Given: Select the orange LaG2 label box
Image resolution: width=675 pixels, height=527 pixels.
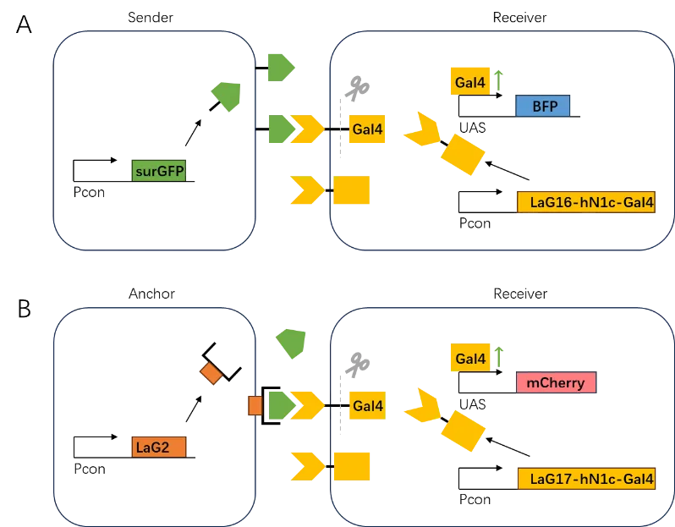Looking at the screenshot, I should click(159, 446).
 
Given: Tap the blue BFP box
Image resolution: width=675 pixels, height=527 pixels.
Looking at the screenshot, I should click(542, 106).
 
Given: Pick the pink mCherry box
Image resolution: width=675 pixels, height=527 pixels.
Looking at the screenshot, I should click(556, 382).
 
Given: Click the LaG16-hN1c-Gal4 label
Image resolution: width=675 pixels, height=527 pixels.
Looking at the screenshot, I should click(585, 202).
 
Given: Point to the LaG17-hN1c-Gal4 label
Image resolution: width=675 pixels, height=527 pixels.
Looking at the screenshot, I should click(585, 479).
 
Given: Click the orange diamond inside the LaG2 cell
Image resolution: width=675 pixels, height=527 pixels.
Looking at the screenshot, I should click(210, 372).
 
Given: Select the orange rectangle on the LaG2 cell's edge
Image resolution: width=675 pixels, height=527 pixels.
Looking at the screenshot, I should click(254, 405).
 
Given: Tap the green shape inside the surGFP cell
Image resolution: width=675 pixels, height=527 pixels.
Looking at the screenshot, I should click(226, 96).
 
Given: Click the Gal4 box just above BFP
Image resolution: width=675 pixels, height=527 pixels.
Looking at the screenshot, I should click(469, 82).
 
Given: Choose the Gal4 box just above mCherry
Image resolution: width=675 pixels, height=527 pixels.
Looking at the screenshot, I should click(469, 359).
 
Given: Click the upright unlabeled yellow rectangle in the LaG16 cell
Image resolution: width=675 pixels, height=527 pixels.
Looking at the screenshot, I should click(352, 190).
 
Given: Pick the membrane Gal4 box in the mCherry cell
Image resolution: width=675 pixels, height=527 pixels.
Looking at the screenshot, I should click(367, 406).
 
